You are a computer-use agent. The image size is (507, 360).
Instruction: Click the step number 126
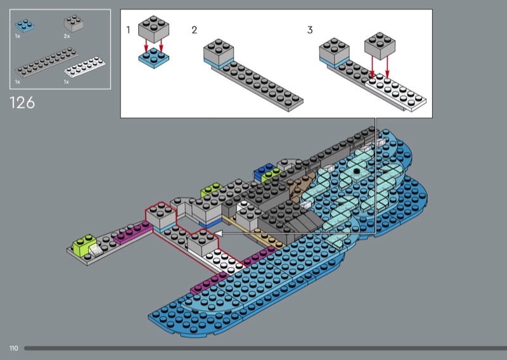pyautogui.click(x=22, y=103)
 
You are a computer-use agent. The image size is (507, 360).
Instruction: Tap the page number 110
pyautogui.click(x=13, y=349)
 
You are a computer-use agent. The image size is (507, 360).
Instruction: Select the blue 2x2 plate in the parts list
pyautogui.click(x=25, y=25)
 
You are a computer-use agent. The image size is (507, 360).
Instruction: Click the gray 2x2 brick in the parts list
pyautogui.click(x=74, y=23)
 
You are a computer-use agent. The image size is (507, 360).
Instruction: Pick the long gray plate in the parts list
pyautogui.click(x=46, y=62)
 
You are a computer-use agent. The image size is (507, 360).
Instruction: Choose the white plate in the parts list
pyautogui.click(x=84, y=67)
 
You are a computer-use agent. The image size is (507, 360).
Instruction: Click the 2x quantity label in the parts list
pyautogui.click(x=67, y=36)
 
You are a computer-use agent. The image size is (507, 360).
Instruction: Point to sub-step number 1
pyautogui.click(x=128, y=30)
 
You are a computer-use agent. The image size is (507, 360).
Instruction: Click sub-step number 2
pyautogui.click(x=194, y=30)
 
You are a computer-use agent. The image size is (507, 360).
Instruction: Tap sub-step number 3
pyautogui.click(x=310, y=30)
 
